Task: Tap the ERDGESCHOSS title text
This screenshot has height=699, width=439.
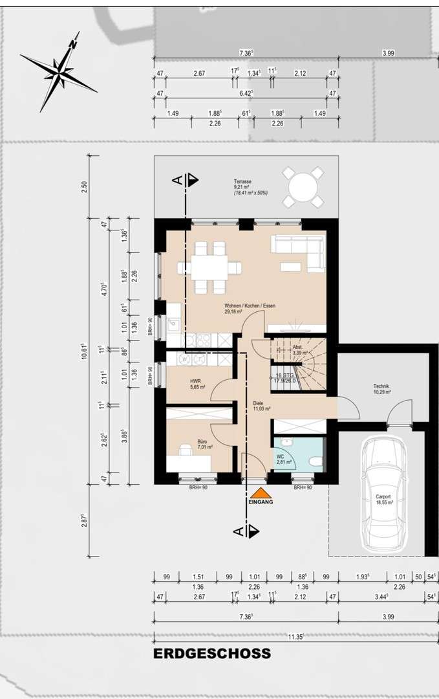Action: pyautogui.click(x=212, y=654)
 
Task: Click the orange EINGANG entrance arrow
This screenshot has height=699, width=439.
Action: pyautogui.click(x=261, y=493)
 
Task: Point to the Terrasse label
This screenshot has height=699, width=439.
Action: pyautogui.click(x=243, y=183)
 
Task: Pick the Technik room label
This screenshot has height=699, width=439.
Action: pyautogui.click(x=381, y=387)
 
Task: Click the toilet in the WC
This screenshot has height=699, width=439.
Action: pyautogui.click(x=315, y=461)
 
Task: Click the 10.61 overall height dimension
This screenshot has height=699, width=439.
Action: pyautogui.click(x=85, y=355)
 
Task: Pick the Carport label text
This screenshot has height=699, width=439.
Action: pyautogui.click(x=384, y=498)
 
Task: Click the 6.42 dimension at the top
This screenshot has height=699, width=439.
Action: pyautogui.click(x=246, y=94)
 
